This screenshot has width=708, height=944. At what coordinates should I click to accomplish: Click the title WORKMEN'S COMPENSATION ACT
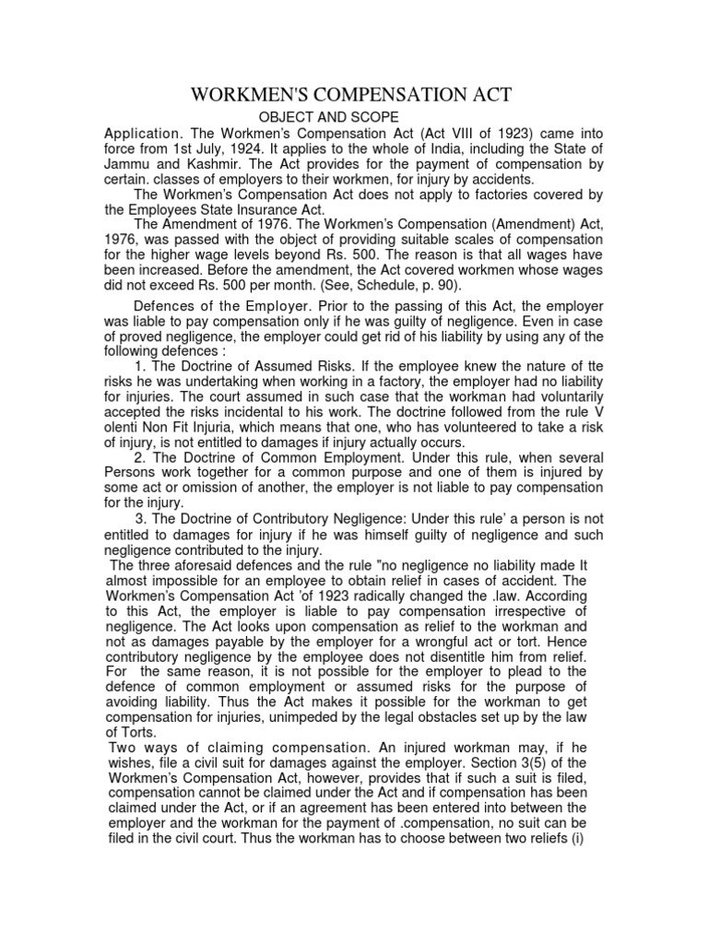click(x=350, y=96)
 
